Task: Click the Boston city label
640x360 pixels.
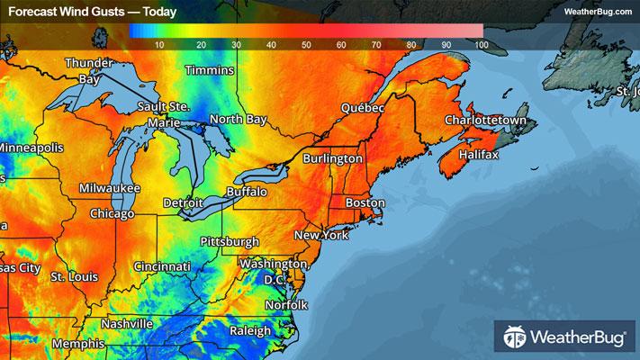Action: [x=365, y=203]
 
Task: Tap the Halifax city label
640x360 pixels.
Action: [x=477, y=156]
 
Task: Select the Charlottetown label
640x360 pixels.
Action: [x=484, y=120]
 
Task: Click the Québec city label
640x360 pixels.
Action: [x=363, y=108]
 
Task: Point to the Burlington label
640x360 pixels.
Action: [x=332, y=158]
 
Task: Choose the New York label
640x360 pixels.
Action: [x=320, y=235]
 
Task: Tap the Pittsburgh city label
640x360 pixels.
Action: [x=229, y=242]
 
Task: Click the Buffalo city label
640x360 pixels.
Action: [x=246, y=193]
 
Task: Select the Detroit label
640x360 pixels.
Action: [x=183, y=203]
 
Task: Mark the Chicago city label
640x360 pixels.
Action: [x=112, y=213]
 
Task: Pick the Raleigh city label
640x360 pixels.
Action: [x=249, y=331]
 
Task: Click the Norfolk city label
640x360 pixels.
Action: [x=286, y=305]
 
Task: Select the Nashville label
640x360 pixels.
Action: [x=127, y=323]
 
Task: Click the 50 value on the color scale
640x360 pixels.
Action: [x=306, y=44]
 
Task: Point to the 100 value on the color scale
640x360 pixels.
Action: [x=480, y=44]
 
